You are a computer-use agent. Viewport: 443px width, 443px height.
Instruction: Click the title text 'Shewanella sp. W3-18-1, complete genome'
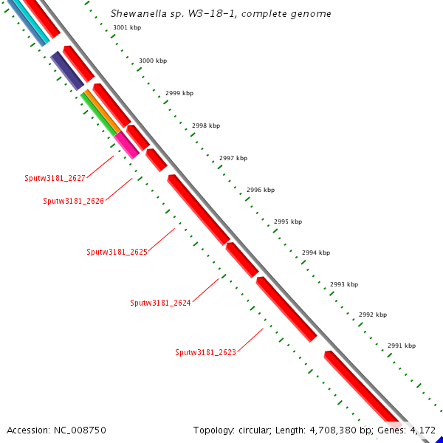coord(221,14)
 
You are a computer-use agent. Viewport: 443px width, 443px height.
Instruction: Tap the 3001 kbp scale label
coord(127,28)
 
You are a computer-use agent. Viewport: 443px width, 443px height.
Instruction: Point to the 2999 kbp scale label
coord(179,93)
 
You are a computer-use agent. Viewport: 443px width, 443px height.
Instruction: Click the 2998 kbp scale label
coord(206,126)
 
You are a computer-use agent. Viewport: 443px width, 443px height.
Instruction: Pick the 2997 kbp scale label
coord(233,158)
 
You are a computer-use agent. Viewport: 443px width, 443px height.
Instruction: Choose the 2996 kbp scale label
coord(261,190)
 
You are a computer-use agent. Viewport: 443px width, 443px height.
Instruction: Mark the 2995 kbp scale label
coord(288,221)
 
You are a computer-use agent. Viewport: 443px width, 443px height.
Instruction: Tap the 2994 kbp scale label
coord(315,253)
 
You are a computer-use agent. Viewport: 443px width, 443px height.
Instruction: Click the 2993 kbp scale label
coord(344,284)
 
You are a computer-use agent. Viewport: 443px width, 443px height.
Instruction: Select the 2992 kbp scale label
coord(373,315)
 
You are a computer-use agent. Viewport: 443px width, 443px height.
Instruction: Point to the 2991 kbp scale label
coord(402,346)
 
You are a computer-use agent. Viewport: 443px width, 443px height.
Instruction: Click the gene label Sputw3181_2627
coord(55,178)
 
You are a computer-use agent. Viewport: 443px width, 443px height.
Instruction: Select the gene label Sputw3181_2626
coord(73,201)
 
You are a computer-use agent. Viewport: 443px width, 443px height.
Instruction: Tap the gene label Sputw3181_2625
coord(117,252)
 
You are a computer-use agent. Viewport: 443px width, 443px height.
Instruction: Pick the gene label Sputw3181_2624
coord(160,303)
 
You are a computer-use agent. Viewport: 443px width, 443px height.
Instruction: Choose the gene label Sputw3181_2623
coord(205,352)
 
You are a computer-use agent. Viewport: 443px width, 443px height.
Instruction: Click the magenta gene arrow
coord(126,144)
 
